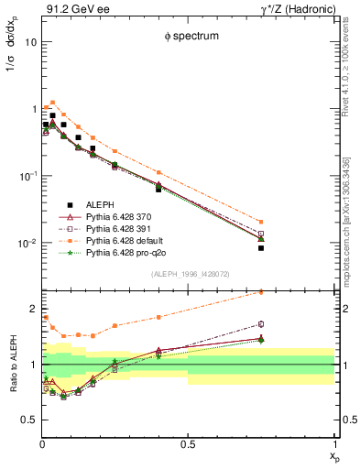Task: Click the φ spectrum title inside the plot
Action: [187, 36]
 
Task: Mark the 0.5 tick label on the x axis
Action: [187, 445]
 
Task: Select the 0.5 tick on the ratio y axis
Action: [29, 420]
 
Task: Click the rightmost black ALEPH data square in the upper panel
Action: [261, 248]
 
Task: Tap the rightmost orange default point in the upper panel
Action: [261, 222]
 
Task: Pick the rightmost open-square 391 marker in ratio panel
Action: [261, 323]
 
